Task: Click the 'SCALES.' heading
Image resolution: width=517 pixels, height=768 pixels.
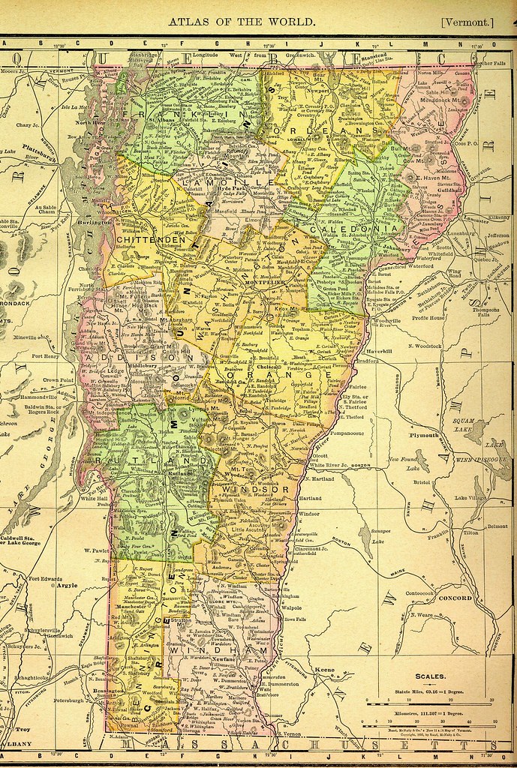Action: [x=433, y=676]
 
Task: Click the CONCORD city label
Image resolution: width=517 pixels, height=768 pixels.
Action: [x=455, y=598]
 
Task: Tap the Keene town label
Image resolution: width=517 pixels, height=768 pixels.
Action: [x=324, y=667]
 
